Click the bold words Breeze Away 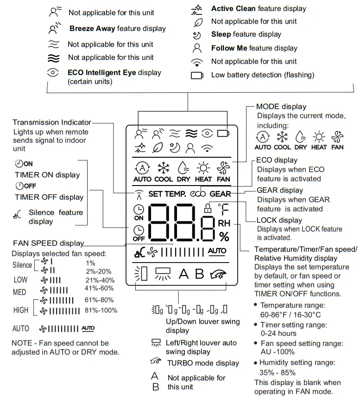coord(92,29)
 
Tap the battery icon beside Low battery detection coord(197,75)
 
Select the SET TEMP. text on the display coord(167,194)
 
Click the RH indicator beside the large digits coord(224,224)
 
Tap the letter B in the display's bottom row coord(199,274)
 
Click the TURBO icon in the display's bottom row coord(218,274)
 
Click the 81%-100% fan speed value coord(101,310)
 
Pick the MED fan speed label coord(20,292)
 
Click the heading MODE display coord(281,107)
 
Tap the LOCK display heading coord(279,220)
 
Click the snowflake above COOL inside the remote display coord(164,168)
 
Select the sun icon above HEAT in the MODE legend coord(319,137)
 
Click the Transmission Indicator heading coord(52,122)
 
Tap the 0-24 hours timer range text coord(278,334)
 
